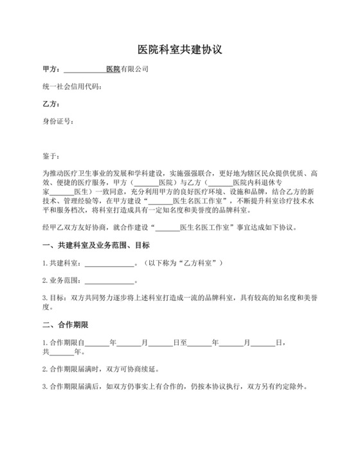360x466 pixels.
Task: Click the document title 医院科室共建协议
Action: pos(179,49)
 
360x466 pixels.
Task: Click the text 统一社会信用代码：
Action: pos(71,86)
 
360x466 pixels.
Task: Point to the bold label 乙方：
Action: pos(51,104)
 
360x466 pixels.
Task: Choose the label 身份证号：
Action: pos(58,122)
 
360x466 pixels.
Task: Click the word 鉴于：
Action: pos(51,156)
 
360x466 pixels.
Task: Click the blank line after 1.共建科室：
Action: pos(109,263)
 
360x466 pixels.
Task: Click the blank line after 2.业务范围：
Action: pos(109,281)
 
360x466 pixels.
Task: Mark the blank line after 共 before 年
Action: pos(62,352)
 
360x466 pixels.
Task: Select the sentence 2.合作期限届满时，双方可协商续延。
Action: pos(100,370)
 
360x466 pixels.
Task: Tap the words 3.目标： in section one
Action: pos(55,298)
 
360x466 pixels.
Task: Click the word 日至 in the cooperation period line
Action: pos(180,343)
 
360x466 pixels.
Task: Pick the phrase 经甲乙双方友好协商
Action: pos(71,227)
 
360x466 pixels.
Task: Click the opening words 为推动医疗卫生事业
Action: pos(71,174)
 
